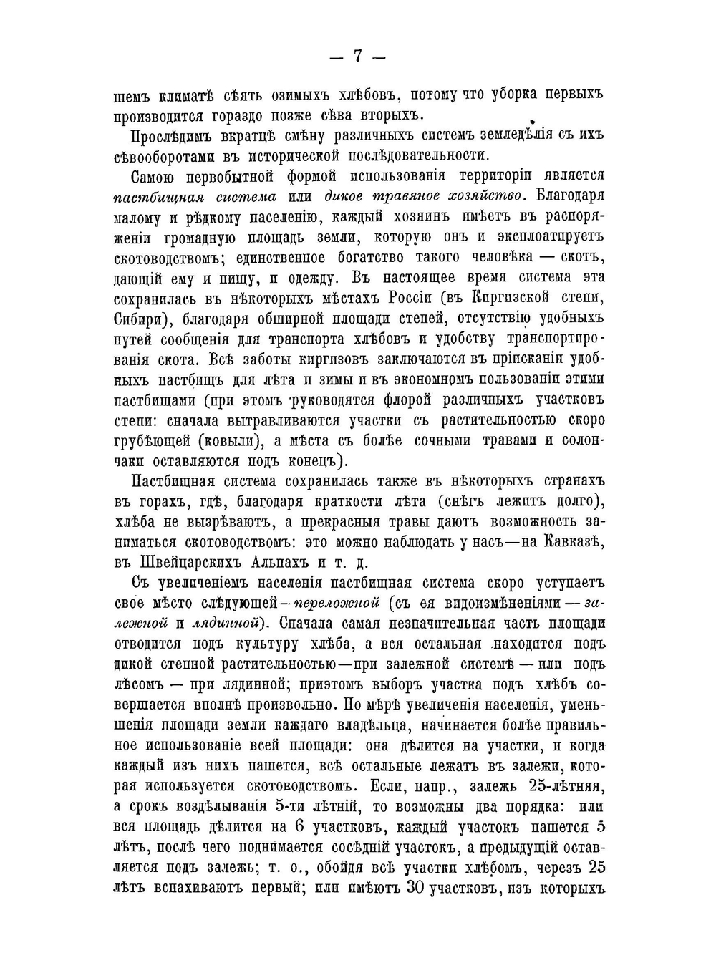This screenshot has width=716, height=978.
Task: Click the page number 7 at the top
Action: (357, 56)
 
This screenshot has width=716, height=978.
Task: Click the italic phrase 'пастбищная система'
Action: (195, 197)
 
